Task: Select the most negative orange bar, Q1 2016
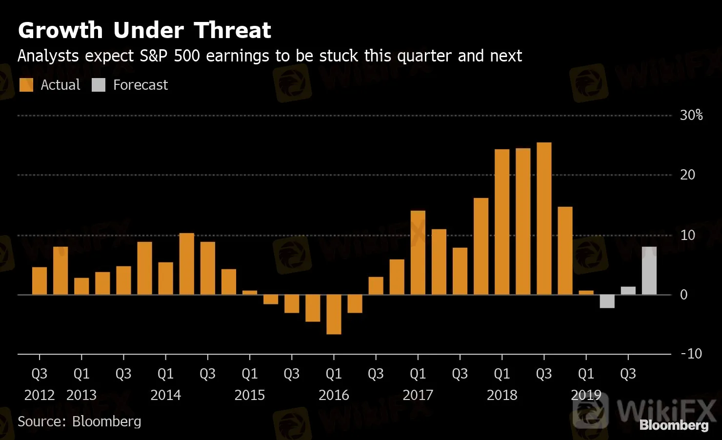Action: (334, 314)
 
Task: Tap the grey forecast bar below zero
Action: (607, 301)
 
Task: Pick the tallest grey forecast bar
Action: (649, 271)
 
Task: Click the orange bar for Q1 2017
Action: (418, 253)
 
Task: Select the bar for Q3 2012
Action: (40, 281)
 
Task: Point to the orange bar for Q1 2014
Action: (165, 279)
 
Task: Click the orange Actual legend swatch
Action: (26, 85)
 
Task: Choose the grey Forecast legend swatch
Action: (99, 85)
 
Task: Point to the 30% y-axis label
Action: (691, 115)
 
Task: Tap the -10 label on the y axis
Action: (691, 354)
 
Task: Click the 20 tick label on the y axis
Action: (687, 175)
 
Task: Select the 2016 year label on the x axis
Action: (334, 395)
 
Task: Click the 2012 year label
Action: (40, 395)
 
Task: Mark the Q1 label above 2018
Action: (502, 374)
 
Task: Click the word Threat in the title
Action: (232, 30)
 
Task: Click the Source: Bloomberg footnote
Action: (80, 421)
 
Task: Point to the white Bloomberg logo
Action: (674, 425)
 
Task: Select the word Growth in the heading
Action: (60, 30)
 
